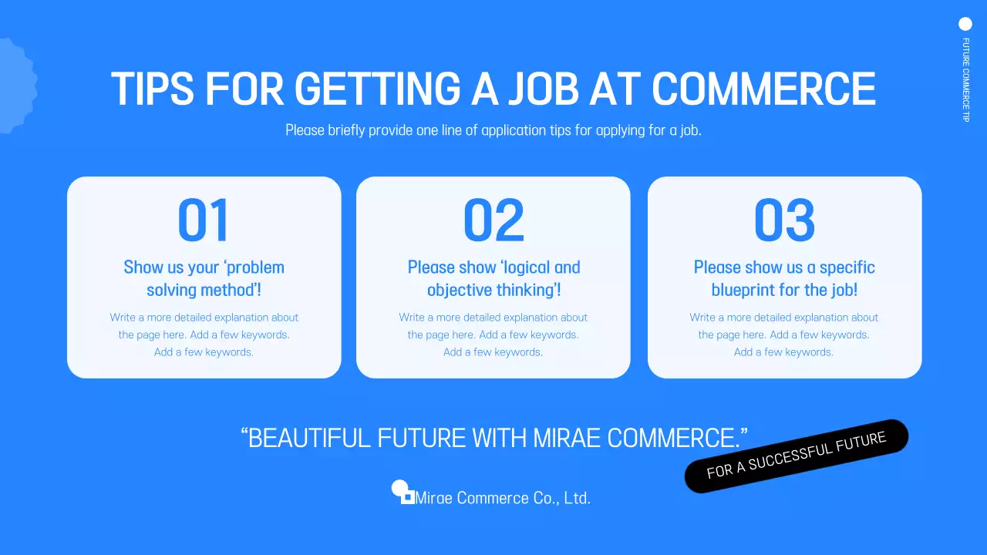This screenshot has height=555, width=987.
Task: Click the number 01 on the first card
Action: point(204,220)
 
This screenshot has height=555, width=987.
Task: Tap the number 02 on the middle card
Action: point(493,220)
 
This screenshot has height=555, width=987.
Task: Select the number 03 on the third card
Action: point(784,220)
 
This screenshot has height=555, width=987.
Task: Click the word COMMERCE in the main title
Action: point(763,89)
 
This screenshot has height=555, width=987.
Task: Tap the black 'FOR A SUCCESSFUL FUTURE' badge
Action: point(797,456)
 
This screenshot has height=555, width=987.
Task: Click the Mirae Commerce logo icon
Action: point(403,491)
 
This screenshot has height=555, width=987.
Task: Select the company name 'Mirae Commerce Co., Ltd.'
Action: point(503,498)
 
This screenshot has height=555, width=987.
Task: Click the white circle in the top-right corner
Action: point(965,24)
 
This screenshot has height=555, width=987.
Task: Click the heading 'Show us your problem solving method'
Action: point(204,278)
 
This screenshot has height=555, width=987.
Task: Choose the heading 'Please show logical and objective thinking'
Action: point(493,278)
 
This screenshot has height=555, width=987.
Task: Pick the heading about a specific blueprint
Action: point(784,278)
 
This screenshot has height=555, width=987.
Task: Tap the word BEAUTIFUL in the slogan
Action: point(309,438)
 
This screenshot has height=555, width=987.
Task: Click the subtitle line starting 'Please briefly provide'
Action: point(493,130)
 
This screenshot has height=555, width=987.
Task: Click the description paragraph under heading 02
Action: point(493,335)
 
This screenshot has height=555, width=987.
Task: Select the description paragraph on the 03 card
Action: point(784,335)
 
